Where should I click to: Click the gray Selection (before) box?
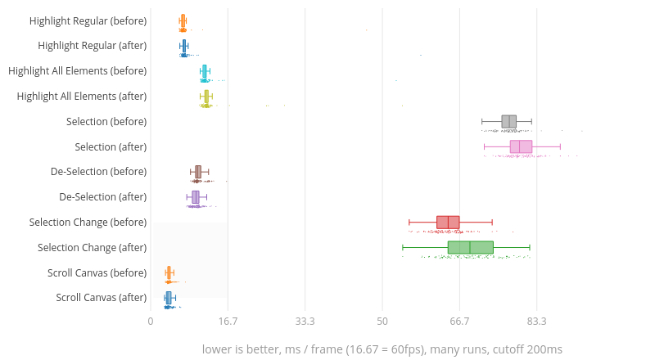pyautogui.click(x=508, y=122)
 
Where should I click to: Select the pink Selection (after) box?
pyautogui.click(x=521, y=146)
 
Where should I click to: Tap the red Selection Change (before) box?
pyautogui.click(x=448, y=222)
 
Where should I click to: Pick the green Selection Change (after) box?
pyautogui.click(x=470, y=247)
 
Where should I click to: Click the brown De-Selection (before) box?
pyautogui.click(x=197, y=172)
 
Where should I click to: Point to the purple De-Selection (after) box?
pyautogui.click(x=195, y=197)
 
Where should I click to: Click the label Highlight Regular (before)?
pyautogui.click(x=88, y=20)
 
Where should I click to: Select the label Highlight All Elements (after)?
pyautogui.click(x=82, y=96)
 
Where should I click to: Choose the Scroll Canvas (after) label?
pyautogui.click(x=102, y=297)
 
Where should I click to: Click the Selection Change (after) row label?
pyautogui.click(x=93, y=247)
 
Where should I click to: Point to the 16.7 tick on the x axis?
pyautogui.click(x=228, y=322)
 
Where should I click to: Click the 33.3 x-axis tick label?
pyautogui.click(x=305, y=322)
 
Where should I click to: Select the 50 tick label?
pyautogui.click(x=382, y=322)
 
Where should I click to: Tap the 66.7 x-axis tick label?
pyautogui.click(x=459, y=322)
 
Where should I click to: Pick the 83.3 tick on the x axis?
pyautogui.click(x=536, y=322)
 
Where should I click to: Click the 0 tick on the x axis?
pyautogui.click(x=151, y=322)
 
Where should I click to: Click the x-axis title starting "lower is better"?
pyautogui.click(x=382, y=349)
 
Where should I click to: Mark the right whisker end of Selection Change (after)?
pyautogui.click(x=530, y=247)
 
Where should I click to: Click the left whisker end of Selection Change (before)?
pyautogui.click(x=409, y=222)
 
